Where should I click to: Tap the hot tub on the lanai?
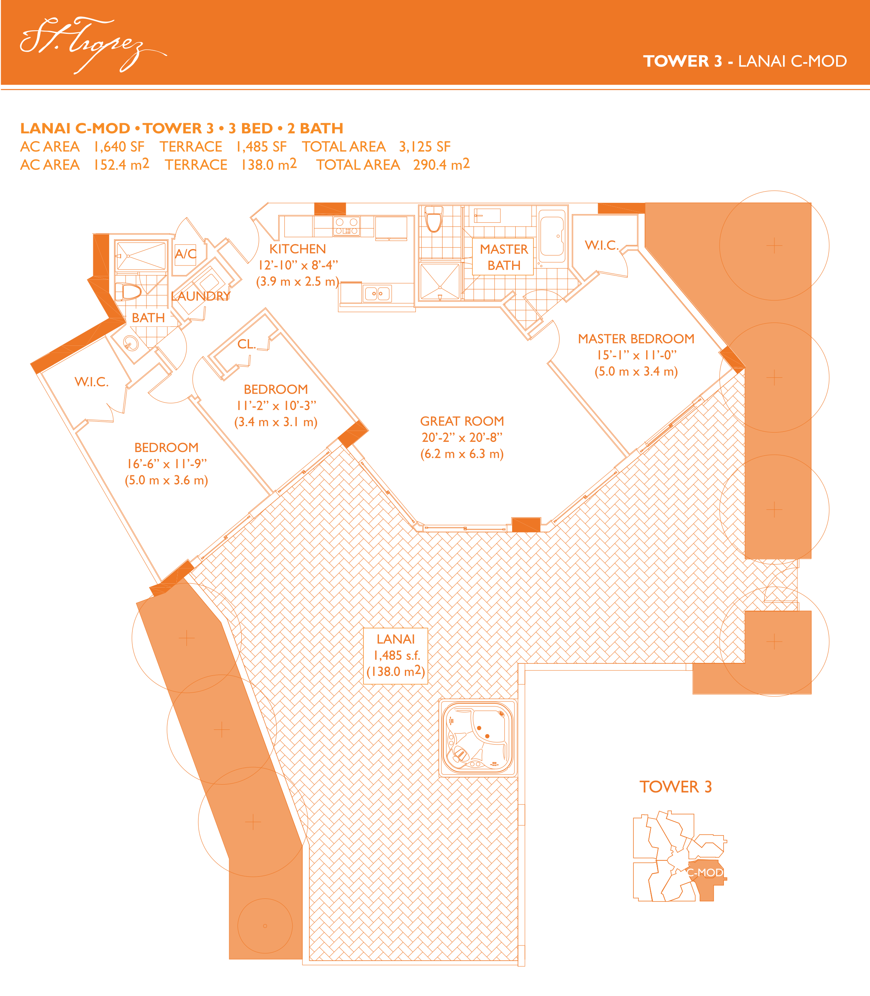(x=478, y=738)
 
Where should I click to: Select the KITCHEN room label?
(x=298, y=249)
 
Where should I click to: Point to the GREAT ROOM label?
(x=462, y=421)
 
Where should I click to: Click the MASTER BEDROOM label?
(x=636, y=338)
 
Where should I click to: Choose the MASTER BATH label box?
(x=504, y=257)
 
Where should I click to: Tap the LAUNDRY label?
(x=201, y=296)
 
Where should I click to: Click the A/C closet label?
(x=185, y=253)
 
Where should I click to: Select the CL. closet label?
(x=247, y=344)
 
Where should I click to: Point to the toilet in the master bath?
(x=434, y=220)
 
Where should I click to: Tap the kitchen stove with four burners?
(x=347, y=226)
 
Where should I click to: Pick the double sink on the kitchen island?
(x=377, y=293)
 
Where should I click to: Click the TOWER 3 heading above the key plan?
(x=675, y=787)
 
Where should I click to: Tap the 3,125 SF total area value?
(x=425, y=147)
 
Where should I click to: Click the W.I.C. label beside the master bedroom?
(x=602, y=245)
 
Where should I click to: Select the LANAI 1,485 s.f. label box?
(x=396, y=656)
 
